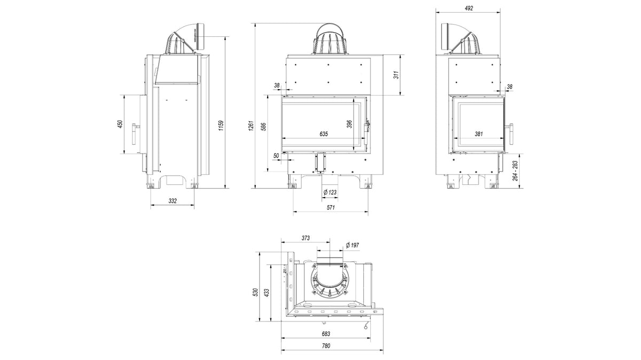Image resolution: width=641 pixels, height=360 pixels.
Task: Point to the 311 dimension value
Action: pyautogui.click(x=396, y=75)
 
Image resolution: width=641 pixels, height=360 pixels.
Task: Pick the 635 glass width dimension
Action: pyautogui.click(x=324, y=134)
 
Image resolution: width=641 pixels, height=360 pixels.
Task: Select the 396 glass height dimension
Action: pyautogui.click(x=349, y=124)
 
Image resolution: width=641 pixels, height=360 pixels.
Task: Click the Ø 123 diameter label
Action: pyautogui.click(x=330, y=192)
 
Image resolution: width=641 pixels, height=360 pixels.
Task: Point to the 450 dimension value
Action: pyautogui.click(x=121, y=124)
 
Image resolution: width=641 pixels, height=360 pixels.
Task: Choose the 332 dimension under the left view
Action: pyautogui.click(x=172, y=201)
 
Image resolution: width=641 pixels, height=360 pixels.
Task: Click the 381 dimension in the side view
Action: pyautogui.click(x=479, y=134)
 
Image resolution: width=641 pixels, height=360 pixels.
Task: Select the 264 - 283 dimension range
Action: pyautogui.click(x=515, y=171)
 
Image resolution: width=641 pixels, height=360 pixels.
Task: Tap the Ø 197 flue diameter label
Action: pyautogui.click(x=352, y=245)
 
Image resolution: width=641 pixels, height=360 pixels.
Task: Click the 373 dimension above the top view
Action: pyautogui.click(x=305, y=239)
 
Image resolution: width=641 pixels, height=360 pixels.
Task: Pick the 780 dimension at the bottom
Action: pyautogui.click(x=326, y=346)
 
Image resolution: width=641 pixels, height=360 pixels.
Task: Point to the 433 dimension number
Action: pyautogui.click(x=265, y=292)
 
